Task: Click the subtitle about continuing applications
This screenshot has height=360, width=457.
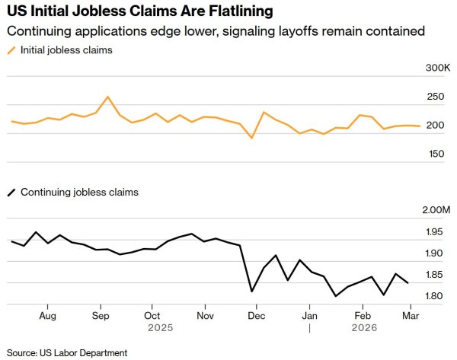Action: [214, 31]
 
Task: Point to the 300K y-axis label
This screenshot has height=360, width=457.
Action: [438, 68]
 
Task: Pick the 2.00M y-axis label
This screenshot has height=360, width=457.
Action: [436, 210]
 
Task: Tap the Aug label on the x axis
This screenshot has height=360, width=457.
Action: [47, 314]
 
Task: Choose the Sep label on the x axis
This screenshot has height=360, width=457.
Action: [101, 314]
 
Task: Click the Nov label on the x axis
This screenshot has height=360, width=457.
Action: [205, 314]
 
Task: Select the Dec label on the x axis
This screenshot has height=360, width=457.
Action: [257, 314]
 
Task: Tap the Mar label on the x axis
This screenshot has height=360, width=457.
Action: [410, 314]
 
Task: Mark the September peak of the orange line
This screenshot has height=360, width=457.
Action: [107, 97]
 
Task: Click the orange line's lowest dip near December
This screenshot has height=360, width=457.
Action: [251, 138]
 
